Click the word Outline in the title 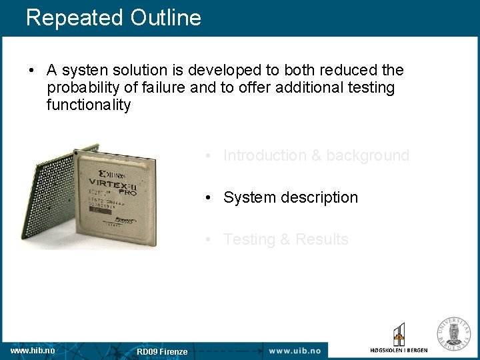click(x=166, y=17)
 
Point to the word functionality click(x=89, y=105)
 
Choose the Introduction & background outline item click(x=316, y=155)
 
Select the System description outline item click(x=290, y=197)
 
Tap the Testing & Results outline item click(x=285, y=239)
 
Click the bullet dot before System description click(x=209, y=198)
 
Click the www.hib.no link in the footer click(x=33, y=350)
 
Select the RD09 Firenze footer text click(x=162, y=351)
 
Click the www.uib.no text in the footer click(x=294, y=350)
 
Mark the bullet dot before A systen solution click(x=32, y=71)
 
